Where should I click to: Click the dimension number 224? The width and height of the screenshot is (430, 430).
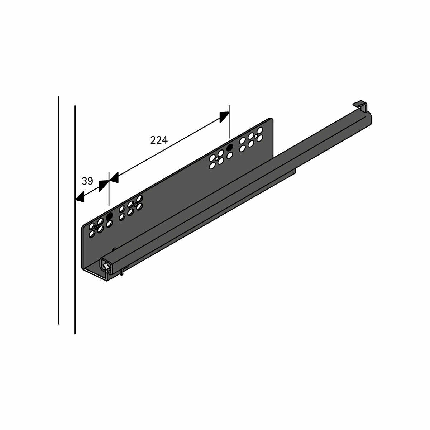click(159, 140)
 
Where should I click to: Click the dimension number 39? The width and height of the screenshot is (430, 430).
click(87, 181)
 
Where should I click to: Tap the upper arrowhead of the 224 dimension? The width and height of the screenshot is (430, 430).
click(224, 117)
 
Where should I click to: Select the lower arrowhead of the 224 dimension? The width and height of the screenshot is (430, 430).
click(114, 178)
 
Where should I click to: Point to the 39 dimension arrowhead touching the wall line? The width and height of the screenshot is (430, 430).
click(80, 196)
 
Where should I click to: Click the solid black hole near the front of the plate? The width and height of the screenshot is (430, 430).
click(109, 216)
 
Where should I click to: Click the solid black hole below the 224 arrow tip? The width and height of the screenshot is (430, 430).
click(230, 147)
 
